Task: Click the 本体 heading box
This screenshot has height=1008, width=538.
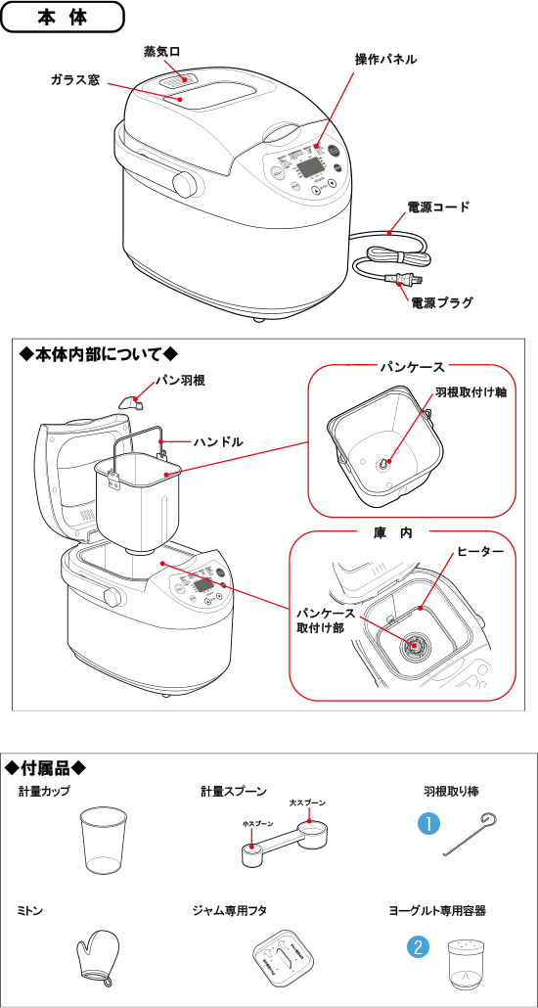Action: click(63, 18)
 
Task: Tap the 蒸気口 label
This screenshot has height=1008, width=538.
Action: click(161, 50)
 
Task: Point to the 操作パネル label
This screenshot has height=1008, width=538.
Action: click(385, 60)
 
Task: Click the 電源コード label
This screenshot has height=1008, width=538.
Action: click(438, 207)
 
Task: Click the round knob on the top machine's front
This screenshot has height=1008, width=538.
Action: click(183, 182)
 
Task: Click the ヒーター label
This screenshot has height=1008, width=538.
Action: click(480, 553)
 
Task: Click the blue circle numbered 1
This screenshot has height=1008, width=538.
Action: click(426, 824)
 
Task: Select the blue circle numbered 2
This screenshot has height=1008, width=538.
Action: click(418, 946)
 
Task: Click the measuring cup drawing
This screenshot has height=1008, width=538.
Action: click(102, 841)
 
